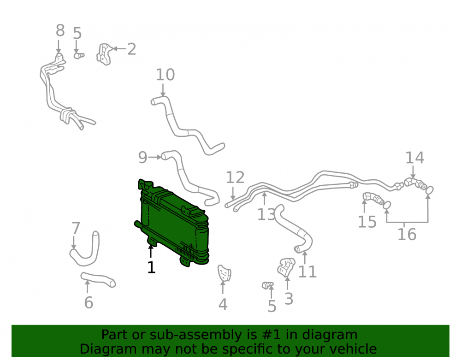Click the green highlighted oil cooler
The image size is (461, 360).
[x=173, y=224]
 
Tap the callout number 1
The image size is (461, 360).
[x=151, y=268]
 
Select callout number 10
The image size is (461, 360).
[x=165, y=75]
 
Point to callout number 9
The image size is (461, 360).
[x=142, y=158]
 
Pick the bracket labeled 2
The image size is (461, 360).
[x=104, y=54]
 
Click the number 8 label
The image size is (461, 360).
[x=60, y=30]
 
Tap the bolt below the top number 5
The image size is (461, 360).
[x=78, y=55]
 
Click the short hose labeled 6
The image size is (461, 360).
[x=98, y=279]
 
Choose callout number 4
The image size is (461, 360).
[x=223, y=305]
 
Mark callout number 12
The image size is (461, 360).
[x=235, y=177]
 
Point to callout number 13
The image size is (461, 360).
[x=266, y=214]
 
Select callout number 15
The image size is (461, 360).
[x=367, y=222]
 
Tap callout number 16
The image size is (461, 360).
[x=407, y=235]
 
